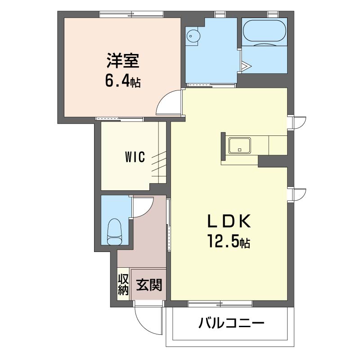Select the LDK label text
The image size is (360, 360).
[229, 220]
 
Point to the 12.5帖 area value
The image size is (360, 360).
[229, 241]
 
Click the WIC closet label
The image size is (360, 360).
[135, 157]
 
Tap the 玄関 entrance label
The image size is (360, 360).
[149, 285]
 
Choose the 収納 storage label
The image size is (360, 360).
[123, 285]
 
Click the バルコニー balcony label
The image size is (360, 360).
[231, 323]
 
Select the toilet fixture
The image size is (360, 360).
[114, 232]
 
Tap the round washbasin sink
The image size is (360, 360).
[192, 36]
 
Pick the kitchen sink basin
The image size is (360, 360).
[239, 145]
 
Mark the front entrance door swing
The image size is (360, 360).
[143, 326]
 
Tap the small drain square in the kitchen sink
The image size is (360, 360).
[240, 150]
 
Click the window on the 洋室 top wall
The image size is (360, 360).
[131, 14]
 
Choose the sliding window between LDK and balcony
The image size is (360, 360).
[220, 303]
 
